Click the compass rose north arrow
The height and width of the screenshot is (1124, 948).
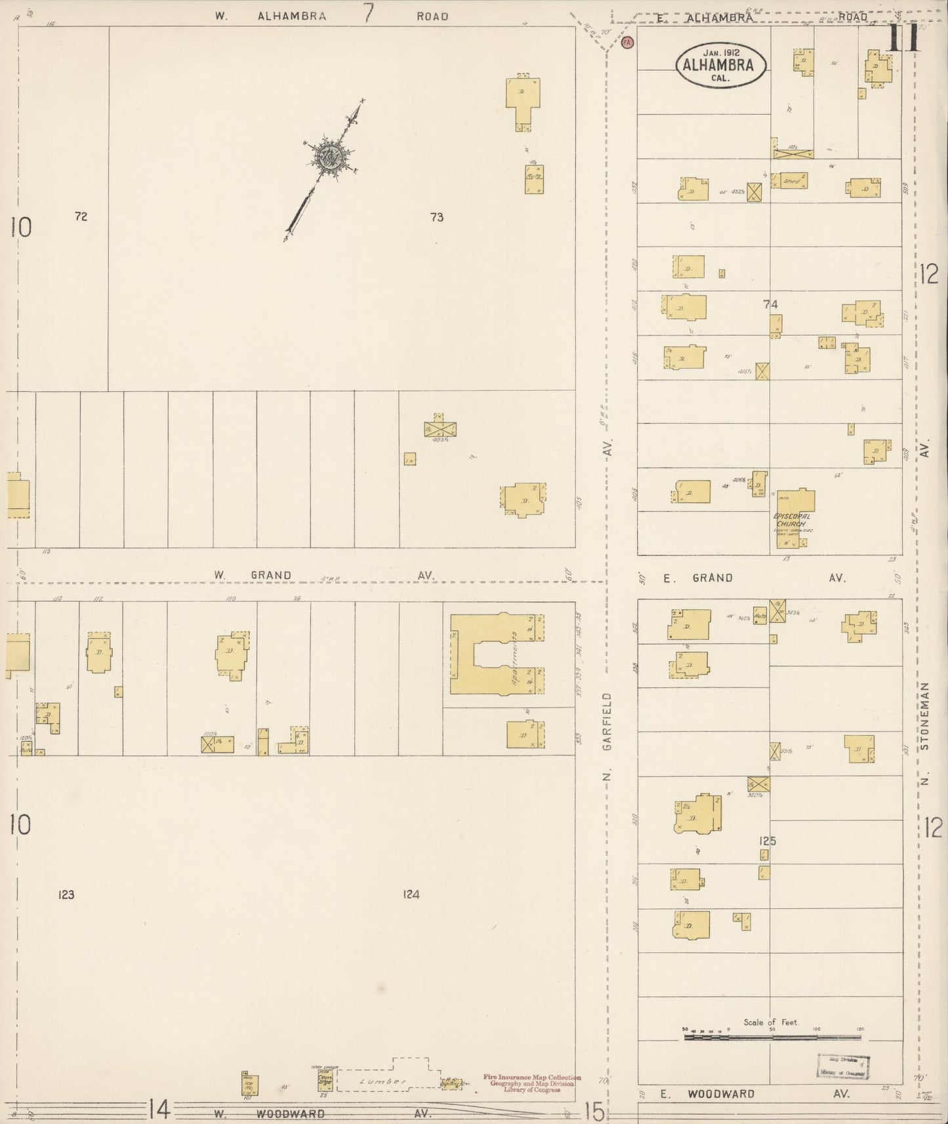click(x=327, y=157)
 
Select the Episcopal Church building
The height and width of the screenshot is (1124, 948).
click(x=794, y=517)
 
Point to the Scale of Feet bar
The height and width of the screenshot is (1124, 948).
click(x=772, y=1037)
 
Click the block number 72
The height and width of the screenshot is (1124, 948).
click(x=81, y=216)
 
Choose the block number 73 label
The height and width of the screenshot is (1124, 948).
click(x=437, y=217)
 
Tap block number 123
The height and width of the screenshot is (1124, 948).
click(x=66, y=894)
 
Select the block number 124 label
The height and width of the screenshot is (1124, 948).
click(x=411, y=894)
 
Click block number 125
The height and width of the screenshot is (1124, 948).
click(x=768, y=841)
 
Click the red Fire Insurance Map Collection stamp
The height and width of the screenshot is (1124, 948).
click(x=531, y=1083)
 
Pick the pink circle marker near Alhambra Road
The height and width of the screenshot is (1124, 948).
click(x=628, y=43)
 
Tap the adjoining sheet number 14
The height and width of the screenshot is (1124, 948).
click(x=159, y=1109)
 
